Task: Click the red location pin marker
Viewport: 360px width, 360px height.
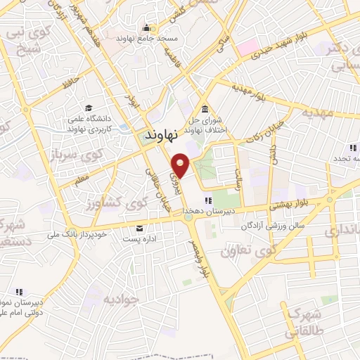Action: tap(181, 165)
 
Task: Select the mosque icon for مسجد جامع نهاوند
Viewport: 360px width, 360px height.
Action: tap(146, 29)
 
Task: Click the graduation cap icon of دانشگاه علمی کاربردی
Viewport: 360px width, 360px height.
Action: tap(89, 108)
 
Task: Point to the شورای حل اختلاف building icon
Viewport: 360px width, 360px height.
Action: tap(205, 109)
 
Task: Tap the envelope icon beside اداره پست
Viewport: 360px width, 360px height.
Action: tap(139, 228)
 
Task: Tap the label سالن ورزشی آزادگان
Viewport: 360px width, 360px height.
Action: tap(272, 226)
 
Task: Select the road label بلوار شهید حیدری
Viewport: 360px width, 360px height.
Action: tap(285, 44)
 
